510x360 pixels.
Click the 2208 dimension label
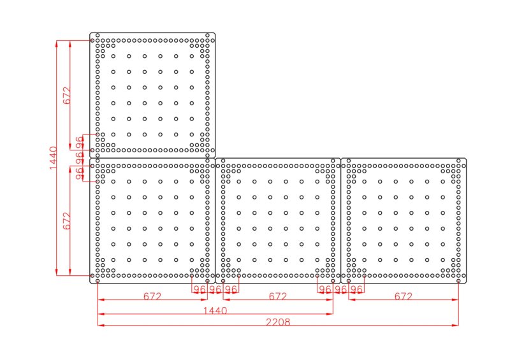(278, 322)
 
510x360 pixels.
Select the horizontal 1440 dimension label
(215, 310)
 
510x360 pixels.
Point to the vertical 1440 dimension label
(53, 158)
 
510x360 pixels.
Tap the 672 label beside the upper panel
(67, 96)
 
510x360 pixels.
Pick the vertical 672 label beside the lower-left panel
(67, 221)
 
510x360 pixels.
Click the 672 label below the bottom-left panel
(152, 296)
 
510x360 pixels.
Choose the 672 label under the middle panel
(278, 296)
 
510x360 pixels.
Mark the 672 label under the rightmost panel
(404, 296)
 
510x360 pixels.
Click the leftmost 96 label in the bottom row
(200, 289)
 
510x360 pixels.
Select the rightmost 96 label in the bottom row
(356, 289)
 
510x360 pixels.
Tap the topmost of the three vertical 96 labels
(79, 142)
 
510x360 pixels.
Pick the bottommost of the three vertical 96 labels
(79, 173)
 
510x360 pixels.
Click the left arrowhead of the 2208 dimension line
(101, 325)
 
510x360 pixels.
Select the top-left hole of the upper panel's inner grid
(113, 56)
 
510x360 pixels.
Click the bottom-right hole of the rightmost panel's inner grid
(442, 260)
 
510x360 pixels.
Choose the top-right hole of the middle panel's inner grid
(317, 182)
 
